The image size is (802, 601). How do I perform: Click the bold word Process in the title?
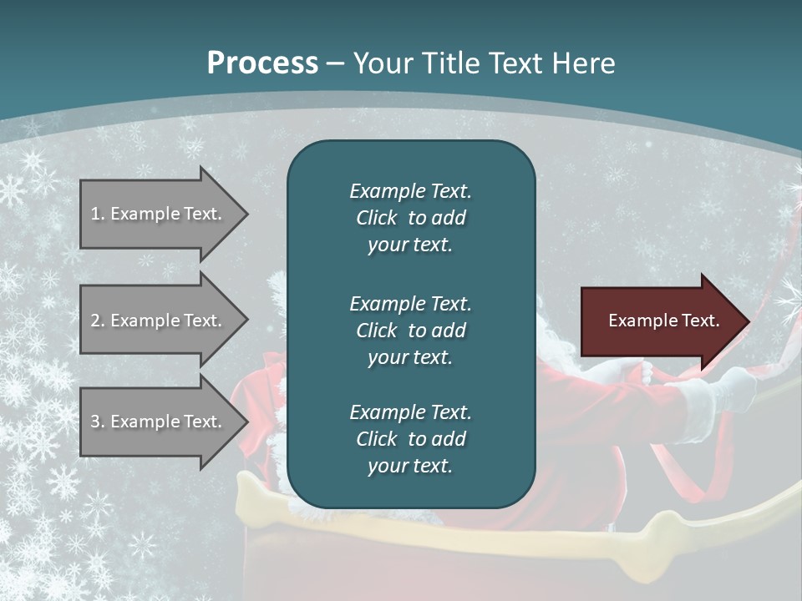(262, 63)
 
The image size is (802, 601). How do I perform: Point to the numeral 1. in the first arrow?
(97, 214)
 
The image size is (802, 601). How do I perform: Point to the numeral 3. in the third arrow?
(97, 422)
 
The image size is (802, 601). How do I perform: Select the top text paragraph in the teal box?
(410, 218)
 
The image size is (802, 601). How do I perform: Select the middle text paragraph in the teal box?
(410, 331)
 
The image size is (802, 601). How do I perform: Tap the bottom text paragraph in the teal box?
(410, 439)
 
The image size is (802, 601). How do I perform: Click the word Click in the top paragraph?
(376, 218)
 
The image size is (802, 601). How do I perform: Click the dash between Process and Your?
(336, 63)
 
